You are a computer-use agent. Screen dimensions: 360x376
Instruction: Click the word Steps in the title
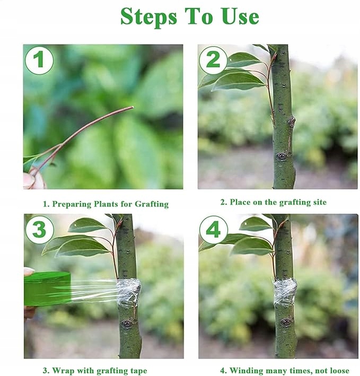pyautogui.click(x=148, y=17)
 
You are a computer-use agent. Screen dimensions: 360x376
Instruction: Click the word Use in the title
pyautogui.click(x=240, y=16)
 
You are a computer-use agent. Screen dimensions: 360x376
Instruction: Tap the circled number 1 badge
pyautogui.click(x=39, y=60)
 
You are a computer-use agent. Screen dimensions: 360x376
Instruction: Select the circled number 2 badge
pyautogui.click(x=213, y=60)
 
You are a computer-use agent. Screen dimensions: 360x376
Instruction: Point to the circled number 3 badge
pyautogui.click(x=39, y=230)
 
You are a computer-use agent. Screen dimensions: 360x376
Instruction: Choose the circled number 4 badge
pyautogui.click(x=213, y=230)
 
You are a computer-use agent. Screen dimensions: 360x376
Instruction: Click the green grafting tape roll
pyautogui.click(x=48, y=288)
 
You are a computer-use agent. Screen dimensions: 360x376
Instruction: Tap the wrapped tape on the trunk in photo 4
pyautogui.click(x=285, y=292)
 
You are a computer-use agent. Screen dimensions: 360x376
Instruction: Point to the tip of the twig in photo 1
pyautogui.click(x=133, y=107)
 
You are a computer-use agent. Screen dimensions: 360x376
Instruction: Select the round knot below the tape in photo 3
pyautogui.click(x=127, y=324)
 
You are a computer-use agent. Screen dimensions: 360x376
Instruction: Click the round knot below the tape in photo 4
pyautogui.click(x=286, y=322)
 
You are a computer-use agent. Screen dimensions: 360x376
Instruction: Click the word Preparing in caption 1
pyautogui.click(x=72, y=204)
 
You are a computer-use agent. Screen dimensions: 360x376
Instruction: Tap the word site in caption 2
pyautogui.click(x=320, y=202)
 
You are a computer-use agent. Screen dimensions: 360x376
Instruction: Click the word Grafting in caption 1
pyautogui.click(x=152, y=204)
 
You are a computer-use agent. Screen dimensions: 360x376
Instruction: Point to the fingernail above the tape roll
pyautogui.click(x=29, y=271)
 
